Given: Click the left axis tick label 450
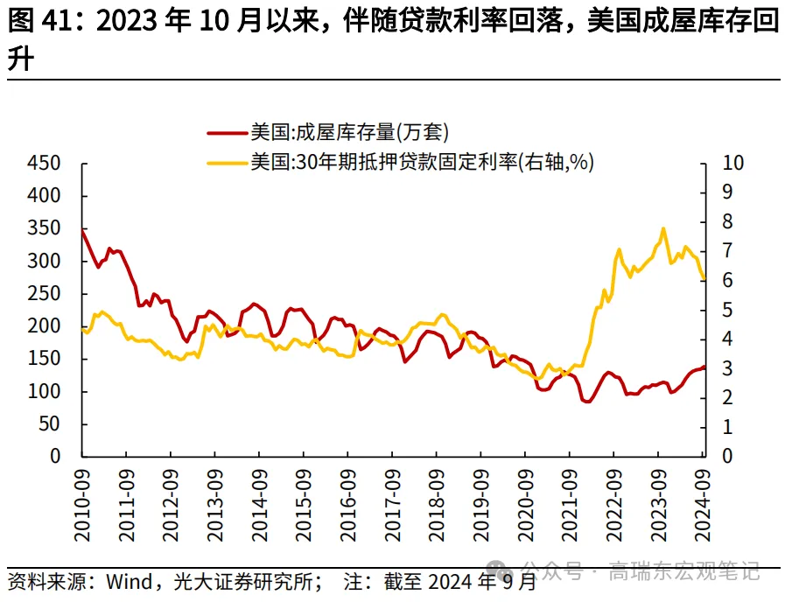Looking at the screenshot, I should (43, 164).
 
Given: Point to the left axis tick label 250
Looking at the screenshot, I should (43, 294).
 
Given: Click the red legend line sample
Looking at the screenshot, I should (226, 133).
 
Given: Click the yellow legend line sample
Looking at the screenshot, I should (226, 162).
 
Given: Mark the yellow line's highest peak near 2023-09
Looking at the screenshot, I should (662, 228).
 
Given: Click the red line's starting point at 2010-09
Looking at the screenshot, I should (82, 230).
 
